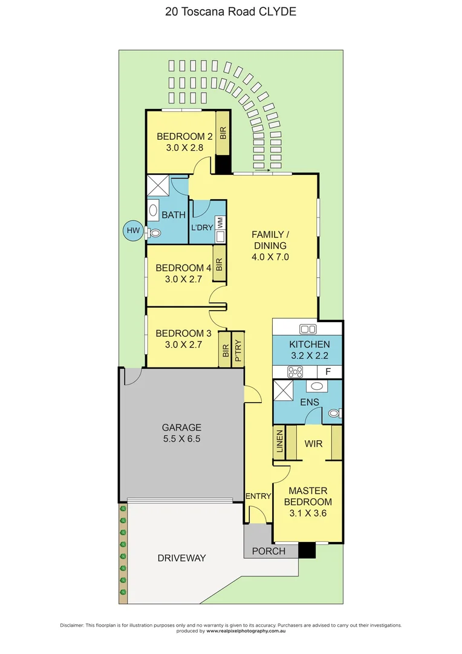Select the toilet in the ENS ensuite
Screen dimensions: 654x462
coord(334,414)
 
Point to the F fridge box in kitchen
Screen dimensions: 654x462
coord(328,371)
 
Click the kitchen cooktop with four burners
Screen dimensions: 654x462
coord(294,371)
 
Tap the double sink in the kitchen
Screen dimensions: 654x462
coord(308,329)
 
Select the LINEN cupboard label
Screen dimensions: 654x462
coord(279,443)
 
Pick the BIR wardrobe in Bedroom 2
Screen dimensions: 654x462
coord(223,133)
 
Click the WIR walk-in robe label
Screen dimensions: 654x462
coord(313,444)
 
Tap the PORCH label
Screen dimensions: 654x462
coord(268,551)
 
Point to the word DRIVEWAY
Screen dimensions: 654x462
coord(182,558)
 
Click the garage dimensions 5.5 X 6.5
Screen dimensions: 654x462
coord(181,439)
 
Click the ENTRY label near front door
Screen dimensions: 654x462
coord(258,497)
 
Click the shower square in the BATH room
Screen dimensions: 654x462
coord(158,185)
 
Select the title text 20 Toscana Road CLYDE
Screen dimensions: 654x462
coord(231,12)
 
